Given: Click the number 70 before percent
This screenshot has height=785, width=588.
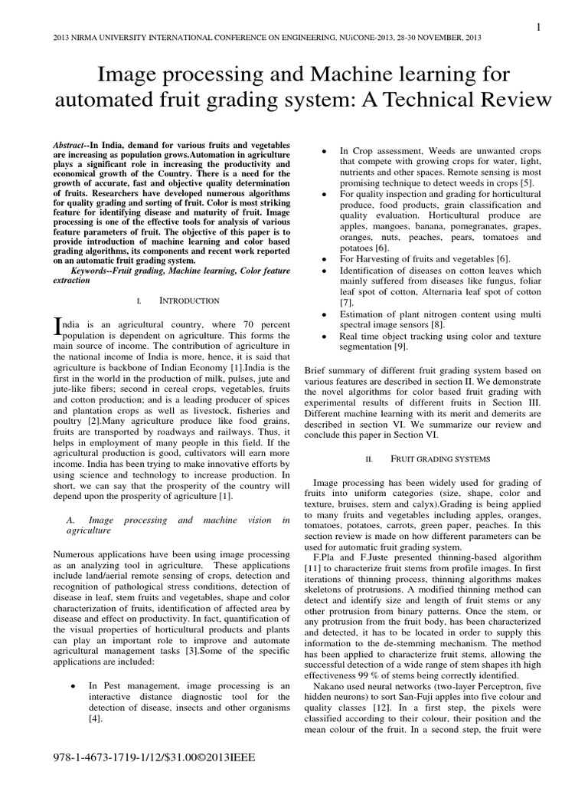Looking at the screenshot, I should coord(233,324).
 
